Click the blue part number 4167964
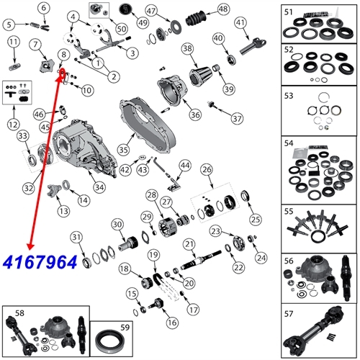point(40,262)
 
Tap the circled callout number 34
point(99,187)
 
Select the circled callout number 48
point(223,9)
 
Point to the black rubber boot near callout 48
point(196,18)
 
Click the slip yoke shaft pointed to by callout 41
point(253,47)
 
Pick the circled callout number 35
point(123,150)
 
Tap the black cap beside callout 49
point(125,9)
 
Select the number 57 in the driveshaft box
point(289,314)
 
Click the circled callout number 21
point(189,244)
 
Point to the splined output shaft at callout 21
point(201,260)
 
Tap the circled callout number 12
point(14,125)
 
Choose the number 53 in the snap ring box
point(289,96)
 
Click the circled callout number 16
point(172,323)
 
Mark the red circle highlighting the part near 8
point(63,72)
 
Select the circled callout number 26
point(207,169)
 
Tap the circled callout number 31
point(76,237)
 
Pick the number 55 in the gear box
point(289,211)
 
